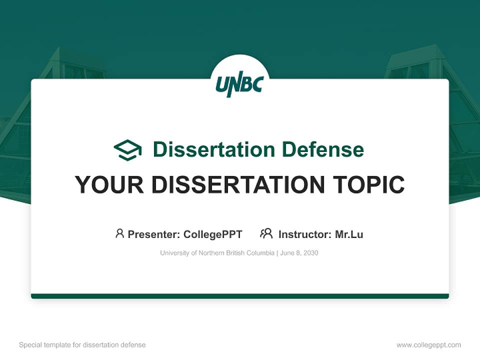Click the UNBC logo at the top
point(239,85)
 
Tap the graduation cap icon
point(127,149)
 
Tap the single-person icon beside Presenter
point(119,233)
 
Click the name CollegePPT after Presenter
point(212,234)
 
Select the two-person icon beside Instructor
point(266,233)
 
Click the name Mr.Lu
point(349,234)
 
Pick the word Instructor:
point(304,234)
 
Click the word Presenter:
point(154,234)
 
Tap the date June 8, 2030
point(299,253)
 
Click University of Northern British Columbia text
point(217,253)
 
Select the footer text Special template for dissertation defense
point(82,345)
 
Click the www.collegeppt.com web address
point(428,345)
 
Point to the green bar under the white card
point(239,296)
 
